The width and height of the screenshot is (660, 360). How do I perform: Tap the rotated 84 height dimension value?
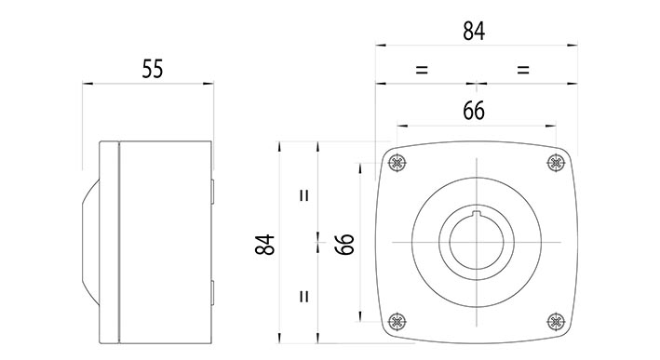[265, 245]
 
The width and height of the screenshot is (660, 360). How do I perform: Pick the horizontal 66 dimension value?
[474, 110]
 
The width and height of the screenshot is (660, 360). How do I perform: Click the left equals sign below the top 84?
[422, 70]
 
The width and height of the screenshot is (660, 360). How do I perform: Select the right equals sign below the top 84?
[522, 70]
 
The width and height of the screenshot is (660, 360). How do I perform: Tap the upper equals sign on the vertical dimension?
[303, 196]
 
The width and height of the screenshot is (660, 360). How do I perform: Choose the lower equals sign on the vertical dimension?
[303, 297]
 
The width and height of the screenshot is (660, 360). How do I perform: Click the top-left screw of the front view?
[397, 164]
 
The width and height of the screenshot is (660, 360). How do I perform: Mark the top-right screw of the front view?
[555, 164]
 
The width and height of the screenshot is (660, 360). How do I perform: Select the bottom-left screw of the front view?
[397, 322]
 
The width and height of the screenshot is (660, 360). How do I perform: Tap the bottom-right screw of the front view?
[555, 322]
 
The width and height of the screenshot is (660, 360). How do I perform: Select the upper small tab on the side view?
[212, 191]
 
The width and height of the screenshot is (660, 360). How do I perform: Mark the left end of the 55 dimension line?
[84, 84]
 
